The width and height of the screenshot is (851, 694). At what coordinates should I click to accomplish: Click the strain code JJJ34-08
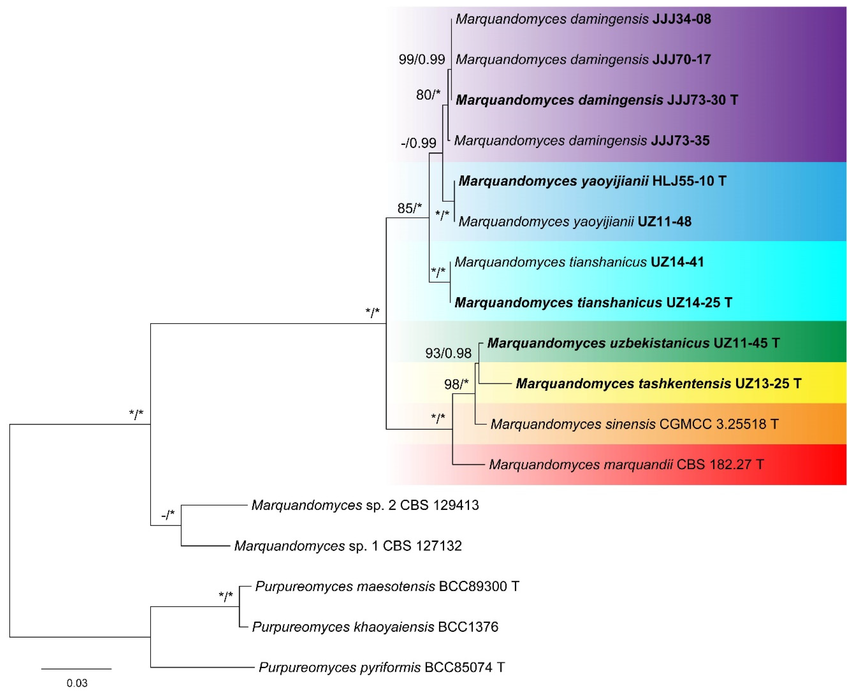(x=681, y=19)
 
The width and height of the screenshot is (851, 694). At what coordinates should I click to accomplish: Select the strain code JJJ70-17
(x=681, y=60)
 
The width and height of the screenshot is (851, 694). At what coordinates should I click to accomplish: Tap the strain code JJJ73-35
(x=680, y=141)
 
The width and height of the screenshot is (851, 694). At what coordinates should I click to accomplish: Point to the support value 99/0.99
(x=422, y=60)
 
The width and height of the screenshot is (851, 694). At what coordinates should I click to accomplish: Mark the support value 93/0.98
(x=448, y=353)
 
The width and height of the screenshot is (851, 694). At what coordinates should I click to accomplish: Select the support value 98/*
(x=456, y=384)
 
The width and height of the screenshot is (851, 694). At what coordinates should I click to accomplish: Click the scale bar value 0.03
(x=77, y=683)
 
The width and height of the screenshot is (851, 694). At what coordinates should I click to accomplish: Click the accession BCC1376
(x=468, y=627)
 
